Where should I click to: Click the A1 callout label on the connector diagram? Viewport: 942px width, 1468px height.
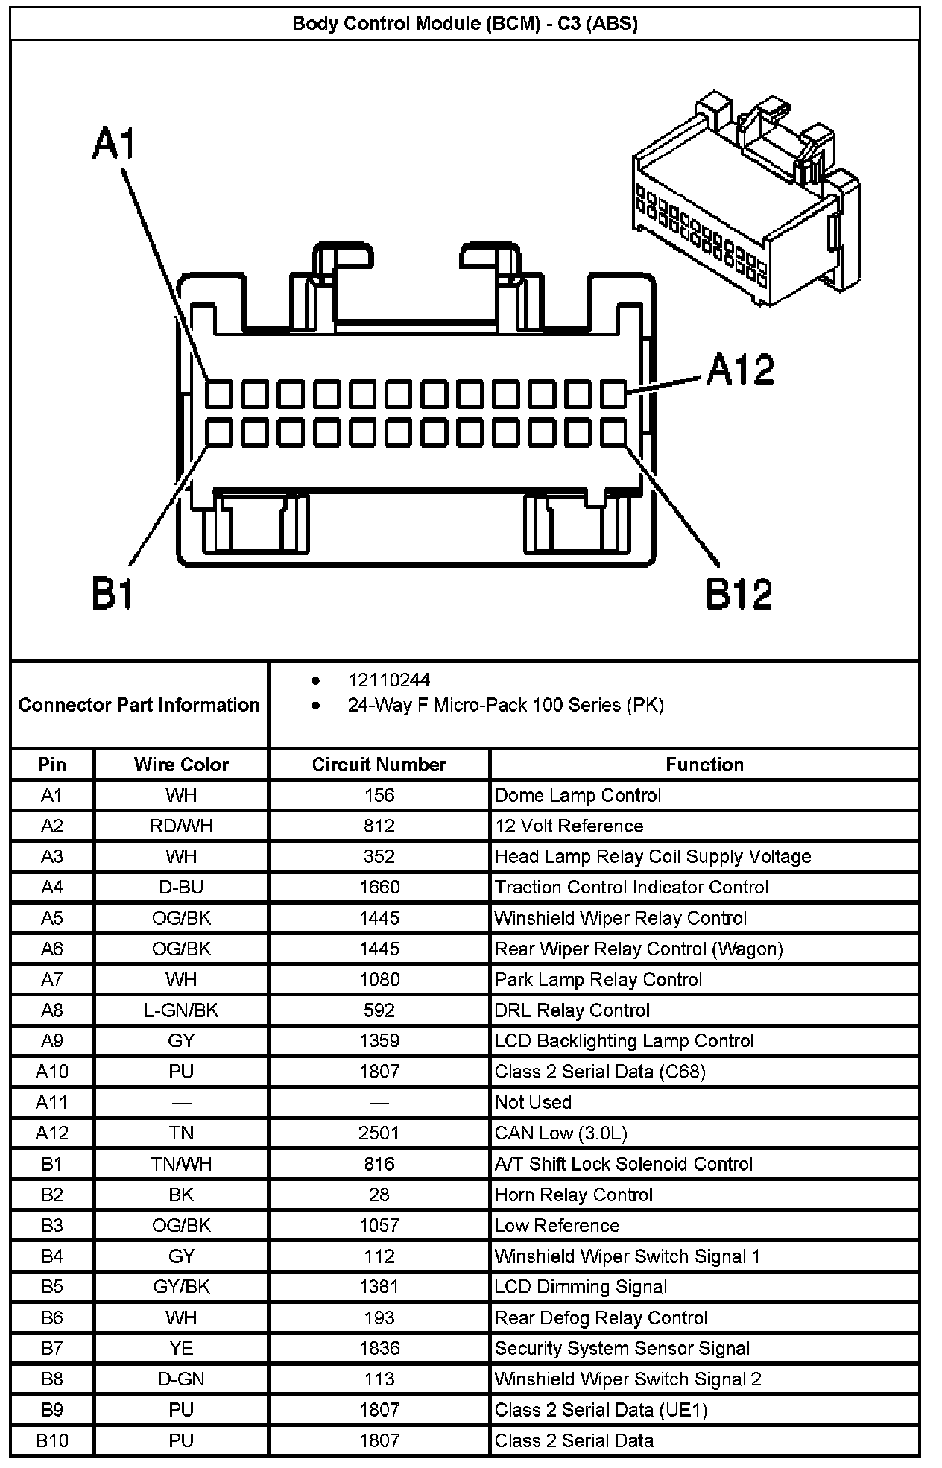pos(114,144)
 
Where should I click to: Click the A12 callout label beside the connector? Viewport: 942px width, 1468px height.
pos(740,370)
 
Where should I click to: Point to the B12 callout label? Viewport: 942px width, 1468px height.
pos(739,594)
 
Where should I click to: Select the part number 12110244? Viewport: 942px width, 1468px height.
pos(389,680)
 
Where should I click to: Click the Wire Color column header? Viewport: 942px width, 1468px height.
pos(181,765)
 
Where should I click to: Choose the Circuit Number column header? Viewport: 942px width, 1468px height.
pos(379,765)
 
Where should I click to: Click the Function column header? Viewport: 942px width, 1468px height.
pos(704,765)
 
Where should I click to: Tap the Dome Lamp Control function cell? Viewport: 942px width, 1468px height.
pos(578,796)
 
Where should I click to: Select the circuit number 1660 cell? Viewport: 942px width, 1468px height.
pos(379,888)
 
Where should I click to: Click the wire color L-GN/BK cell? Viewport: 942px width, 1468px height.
pos(181,1010)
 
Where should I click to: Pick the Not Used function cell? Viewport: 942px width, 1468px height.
pos(533,1102)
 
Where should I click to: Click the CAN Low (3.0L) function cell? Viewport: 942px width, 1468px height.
pos(561,1133)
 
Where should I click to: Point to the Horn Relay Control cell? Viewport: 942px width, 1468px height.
pos(574,1195)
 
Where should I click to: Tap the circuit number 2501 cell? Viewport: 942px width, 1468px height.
pos(379,1133)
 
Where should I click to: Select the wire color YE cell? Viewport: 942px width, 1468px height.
pos(181,1348)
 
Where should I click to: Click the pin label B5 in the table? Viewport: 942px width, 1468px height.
pos(52,1287)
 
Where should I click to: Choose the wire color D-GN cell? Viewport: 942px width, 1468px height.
pos(181,1379)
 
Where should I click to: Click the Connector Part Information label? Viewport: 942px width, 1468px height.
pos(139,705)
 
